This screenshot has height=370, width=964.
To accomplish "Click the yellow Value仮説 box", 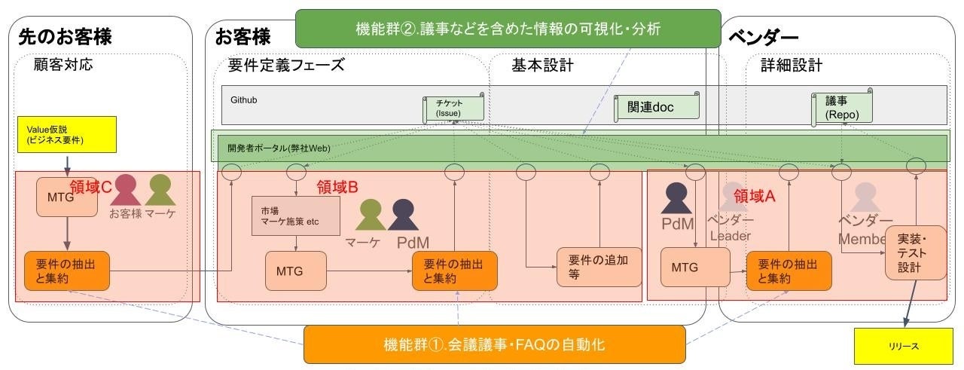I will pyautogui.click(x=67, y=135).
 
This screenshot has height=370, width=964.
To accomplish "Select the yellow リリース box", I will pyautogui.click(x=903, y=346).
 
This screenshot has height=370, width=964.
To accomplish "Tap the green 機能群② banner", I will pyautogui.click(x=508, y=29).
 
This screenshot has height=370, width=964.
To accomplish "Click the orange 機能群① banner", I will pyautogui.click(x=494, y=344).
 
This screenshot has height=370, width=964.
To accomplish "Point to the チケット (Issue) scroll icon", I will pyautogui.click(x=453, y=108).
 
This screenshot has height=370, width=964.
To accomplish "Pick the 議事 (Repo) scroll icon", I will pyautogui.click(x=841, y=108).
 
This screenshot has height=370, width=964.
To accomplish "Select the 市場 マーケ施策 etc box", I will pyautogui.click(x=296, y=216).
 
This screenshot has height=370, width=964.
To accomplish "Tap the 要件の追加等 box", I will pyautogui.click(x=593, y=267).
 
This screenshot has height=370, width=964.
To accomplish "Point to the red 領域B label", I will pyautogui.click(x=337, y=188).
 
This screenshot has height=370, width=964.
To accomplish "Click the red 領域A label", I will pyautogui.click(x=754, y=196).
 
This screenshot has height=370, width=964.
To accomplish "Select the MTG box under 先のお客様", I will pyautogui.click(x=61, y=197).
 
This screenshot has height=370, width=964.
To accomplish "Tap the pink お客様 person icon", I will pyautogui.click(x=125, y=191).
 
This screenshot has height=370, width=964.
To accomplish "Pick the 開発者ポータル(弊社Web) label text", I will pyautogui.click(x=279, y=148).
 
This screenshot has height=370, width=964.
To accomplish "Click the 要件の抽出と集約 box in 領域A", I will pyautogui.click(x=789, y=271).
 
